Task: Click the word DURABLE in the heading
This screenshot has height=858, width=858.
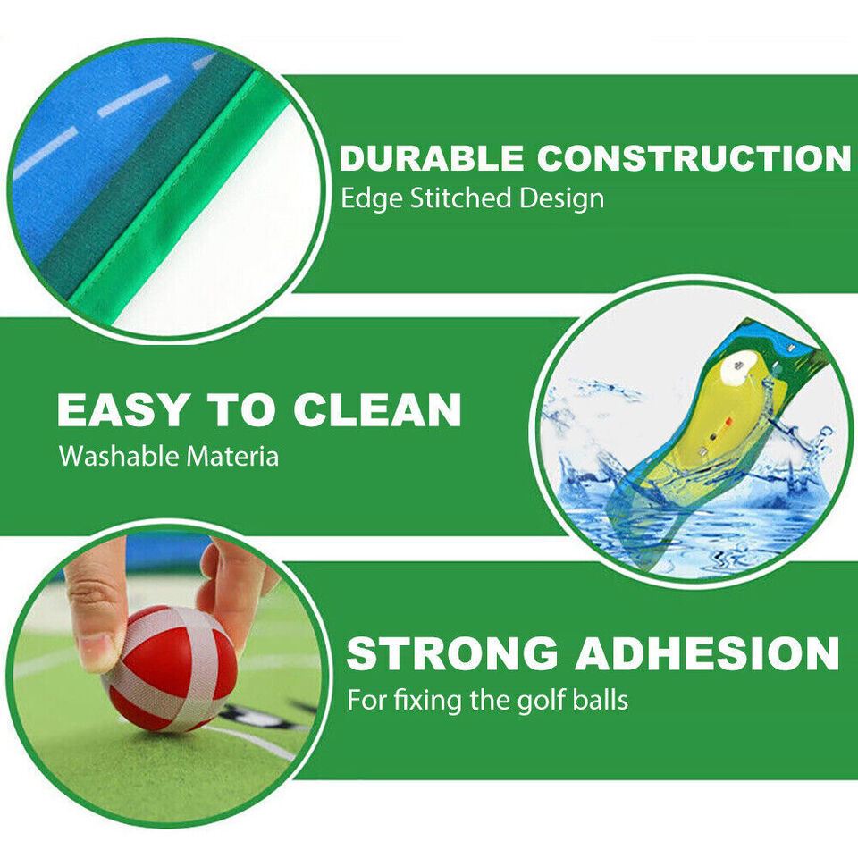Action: coord(431,158)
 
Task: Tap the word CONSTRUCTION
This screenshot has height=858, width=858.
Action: coord(694,158)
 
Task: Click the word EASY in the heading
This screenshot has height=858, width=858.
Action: coord(124,410)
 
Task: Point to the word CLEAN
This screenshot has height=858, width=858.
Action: coord(377,410)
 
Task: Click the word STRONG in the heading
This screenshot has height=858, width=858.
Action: coord(453,653)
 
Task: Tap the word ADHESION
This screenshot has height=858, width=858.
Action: coord(707,653)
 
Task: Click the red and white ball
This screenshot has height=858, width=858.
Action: coord(170,666)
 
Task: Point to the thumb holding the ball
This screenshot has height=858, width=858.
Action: coord(234,590)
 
